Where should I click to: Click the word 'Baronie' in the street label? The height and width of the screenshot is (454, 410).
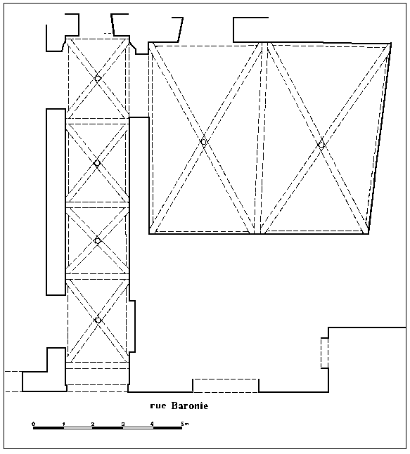pos(190,406)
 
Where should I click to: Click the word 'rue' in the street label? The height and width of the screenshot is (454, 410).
pos(158,406)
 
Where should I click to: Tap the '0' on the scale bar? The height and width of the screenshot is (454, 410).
pos(34,424)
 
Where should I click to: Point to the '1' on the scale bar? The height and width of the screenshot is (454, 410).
pos(63,424)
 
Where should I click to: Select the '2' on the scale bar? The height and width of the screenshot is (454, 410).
pos(93,424)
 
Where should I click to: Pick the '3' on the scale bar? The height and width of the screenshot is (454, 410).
pos(123,424)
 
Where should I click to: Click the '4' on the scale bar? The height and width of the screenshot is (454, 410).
pos(153,424)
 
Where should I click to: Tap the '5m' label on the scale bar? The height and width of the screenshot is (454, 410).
pos(185,424)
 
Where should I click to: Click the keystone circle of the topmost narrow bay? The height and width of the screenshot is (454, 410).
pos(98,78)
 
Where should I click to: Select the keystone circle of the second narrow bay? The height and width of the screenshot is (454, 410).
pos(97,163)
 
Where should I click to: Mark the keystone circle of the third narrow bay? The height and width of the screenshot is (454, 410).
pos(97,240)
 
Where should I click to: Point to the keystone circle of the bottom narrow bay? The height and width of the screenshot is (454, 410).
pos(98,320)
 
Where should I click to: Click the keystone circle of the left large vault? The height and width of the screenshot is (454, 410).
pos(204,142)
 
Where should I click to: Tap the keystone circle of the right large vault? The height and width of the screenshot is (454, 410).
pos(321,145)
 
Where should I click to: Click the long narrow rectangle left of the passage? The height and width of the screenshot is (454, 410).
pos(56,202)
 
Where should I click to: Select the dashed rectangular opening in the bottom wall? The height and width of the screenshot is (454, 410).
pos(226,386)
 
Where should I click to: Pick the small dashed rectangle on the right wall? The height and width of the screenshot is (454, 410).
pos(324,353)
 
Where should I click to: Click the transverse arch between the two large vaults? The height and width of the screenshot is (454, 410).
pos(261,138)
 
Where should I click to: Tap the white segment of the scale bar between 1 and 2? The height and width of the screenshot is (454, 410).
pos(78,428)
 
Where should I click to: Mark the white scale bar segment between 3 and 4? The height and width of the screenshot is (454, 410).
pos(138,428)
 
